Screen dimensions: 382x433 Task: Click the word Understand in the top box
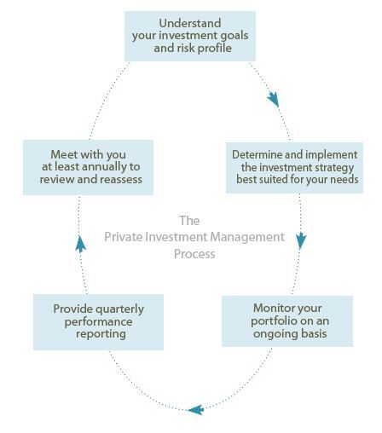tap(190, 23)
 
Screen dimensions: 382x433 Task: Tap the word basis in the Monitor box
tap(314, 333)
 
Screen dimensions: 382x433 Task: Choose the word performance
tap(98, 322)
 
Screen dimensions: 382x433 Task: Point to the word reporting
tap(101, 334)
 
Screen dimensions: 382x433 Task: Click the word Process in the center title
tap(194, 254)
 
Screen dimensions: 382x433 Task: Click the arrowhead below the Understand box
tap(273, 99)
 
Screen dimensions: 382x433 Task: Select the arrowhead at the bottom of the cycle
tap(195, 410)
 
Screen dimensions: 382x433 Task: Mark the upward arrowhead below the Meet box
tap(80, 244)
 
